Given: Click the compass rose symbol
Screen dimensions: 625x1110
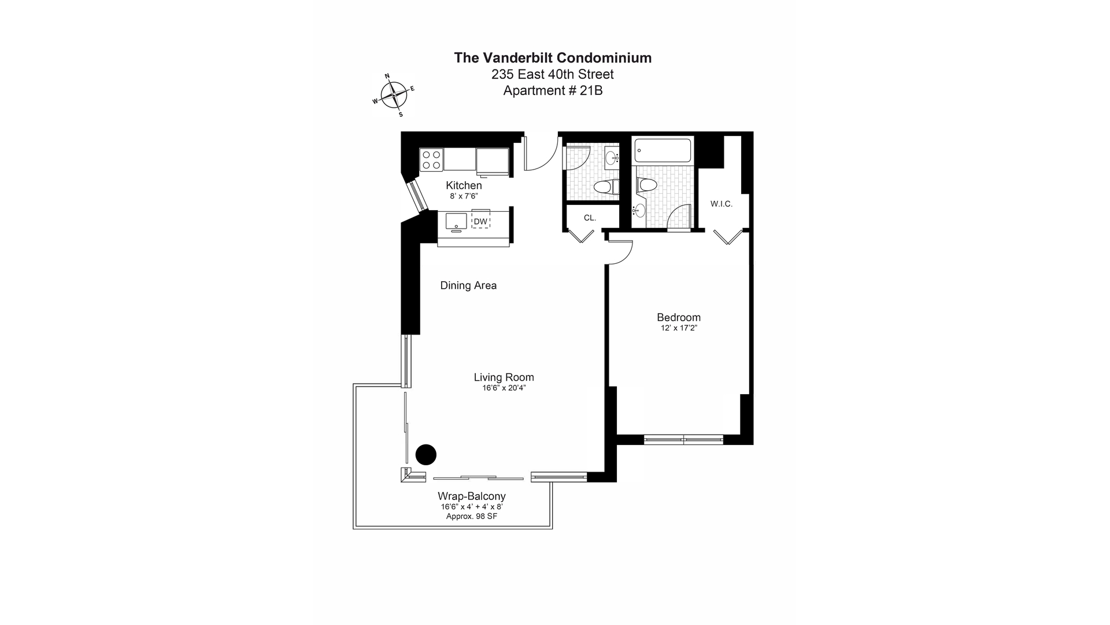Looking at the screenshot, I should click(394, 94).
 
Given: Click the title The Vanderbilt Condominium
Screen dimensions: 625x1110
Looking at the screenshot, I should click(553, 58).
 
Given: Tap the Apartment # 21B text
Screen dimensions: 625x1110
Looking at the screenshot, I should click(553, 91).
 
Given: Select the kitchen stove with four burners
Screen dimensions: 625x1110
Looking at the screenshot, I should click(431, 160).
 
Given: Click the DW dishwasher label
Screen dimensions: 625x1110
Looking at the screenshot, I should click(480, 221).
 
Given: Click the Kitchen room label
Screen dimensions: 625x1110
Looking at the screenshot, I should click(464, 186).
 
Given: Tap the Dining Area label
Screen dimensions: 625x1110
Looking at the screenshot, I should click(468, 285).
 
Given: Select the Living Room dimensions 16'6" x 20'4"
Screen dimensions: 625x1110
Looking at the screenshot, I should click(504, 388).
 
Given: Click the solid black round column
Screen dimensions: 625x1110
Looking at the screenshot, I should click(426, 455).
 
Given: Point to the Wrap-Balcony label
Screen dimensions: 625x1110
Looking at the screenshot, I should click(472, 496).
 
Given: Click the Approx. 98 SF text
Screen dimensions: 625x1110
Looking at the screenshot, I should click(472, 516).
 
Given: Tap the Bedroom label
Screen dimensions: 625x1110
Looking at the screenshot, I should click(679, 317).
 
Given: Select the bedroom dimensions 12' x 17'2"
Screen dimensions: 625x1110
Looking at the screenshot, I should click(679, 328).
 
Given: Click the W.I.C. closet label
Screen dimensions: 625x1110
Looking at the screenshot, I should click(721, 204).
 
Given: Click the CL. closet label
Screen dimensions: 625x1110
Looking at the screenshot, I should click(590, 218).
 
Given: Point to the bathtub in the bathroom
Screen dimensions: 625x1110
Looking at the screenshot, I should click(663, 150).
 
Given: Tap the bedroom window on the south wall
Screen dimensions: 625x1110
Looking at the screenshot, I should click(683, 440).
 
